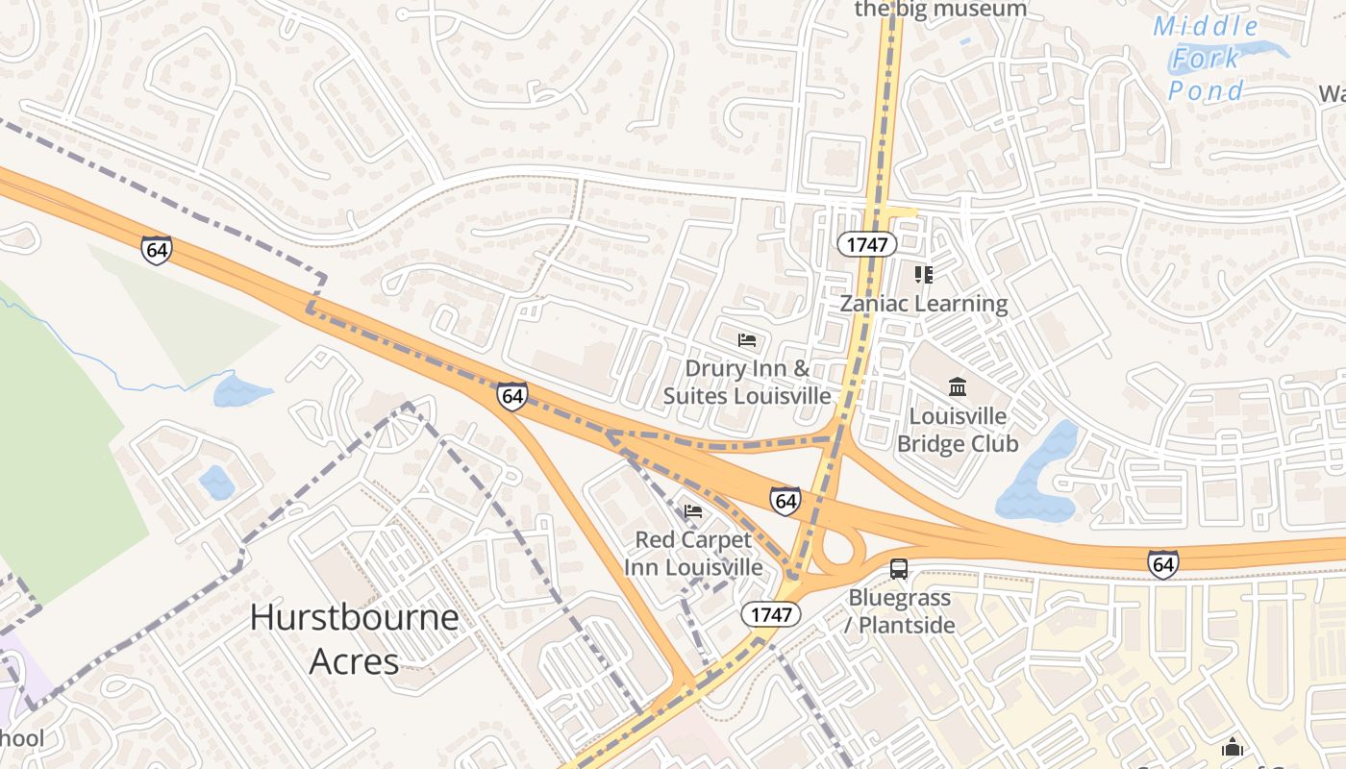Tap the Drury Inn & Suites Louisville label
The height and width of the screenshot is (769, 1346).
747,382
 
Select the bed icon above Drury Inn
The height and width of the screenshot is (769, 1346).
747,339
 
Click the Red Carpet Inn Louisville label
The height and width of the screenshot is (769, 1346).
693,553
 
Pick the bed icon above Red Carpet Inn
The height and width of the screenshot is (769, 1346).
693,510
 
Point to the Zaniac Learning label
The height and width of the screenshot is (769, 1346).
924,304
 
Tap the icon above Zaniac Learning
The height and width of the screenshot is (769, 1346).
924,275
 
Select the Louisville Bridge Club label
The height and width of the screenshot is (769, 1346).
958,430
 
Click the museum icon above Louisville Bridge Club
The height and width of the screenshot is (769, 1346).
958,387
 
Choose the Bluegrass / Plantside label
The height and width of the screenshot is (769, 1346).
900,611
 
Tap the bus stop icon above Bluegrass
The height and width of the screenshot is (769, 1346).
899,569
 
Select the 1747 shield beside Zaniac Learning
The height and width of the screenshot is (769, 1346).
866,244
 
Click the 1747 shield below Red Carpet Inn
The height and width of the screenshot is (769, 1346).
771,613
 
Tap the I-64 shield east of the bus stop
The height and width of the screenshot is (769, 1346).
1163,564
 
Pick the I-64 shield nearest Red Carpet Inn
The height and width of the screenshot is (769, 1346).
785,501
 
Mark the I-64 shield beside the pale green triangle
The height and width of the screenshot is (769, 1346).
156,250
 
